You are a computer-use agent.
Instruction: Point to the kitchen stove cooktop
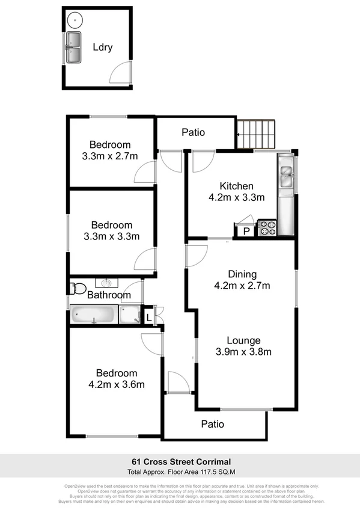[266, 228]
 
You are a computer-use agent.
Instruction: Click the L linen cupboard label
[149, 316]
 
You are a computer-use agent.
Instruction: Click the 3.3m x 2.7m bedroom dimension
[110, 156]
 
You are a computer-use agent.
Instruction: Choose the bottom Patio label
[213, 424]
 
